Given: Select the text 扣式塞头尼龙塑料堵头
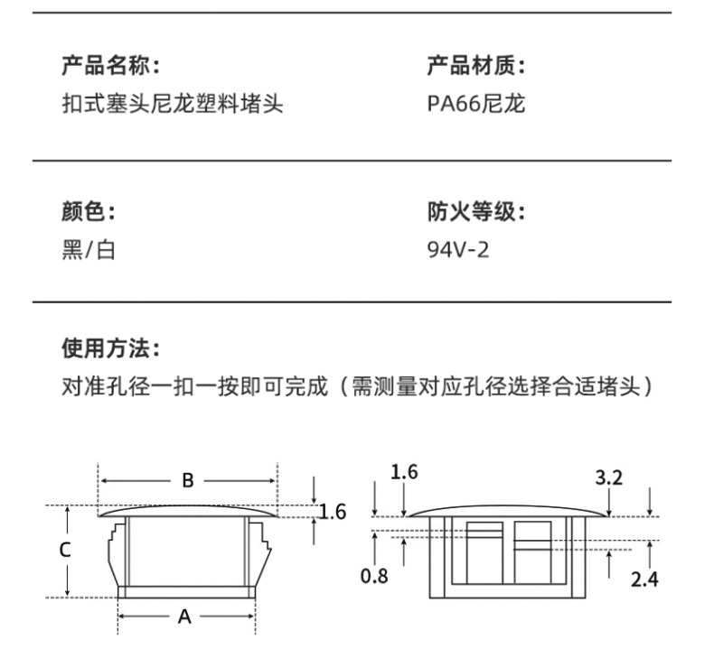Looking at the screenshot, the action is (x=173, y=105).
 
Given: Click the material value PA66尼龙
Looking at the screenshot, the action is (x=476, y=105).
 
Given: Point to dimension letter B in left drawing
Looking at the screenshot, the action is (x=188, y=480).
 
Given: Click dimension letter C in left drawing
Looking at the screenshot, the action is (x=65, y=549).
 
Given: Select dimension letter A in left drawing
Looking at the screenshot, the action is (x=184, y=617).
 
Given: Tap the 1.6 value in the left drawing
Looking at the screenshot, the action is (x=334, y=512).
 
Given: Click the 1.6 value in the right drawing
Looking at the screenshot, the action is (x=404, y=471).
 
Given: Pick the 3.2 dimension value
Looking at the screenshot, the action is (x=609, y=478).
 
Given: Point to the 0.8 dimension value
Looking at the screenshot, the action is (x=373, y=575).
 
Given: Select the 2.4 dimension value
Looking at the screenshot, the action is (x=644, y=579).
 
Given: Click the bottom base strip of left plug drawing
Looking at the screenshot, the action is (x=186, y=592).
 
